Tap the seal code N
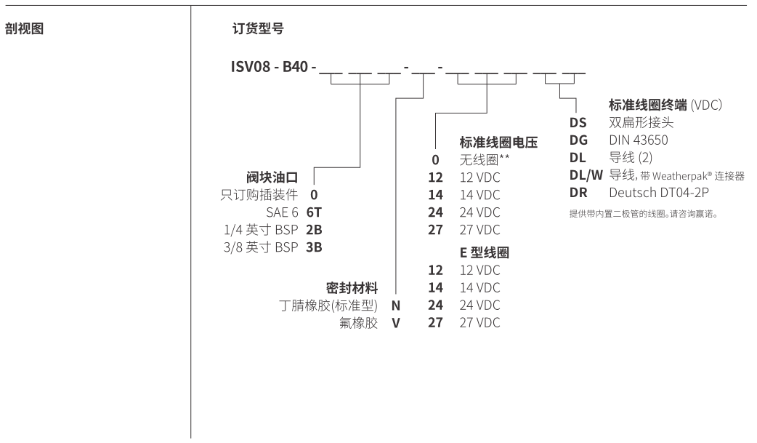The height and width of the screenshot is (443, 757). pos(396,306)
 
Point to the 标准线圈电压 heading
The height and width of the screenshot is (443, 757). pos(498,143)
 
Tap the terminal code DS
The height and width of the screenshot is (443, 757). pos(578,124)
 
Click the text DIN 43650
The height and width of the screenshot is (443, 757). pos(639,140)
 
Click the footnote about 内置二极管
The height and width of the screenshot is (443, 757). pos(648,214)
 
